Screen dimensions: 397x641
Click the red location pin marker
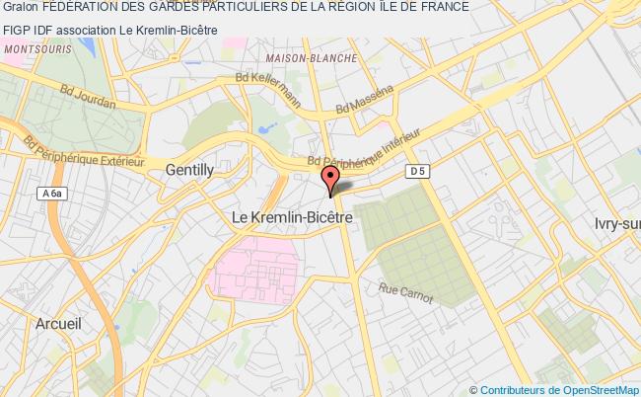pos(330,179)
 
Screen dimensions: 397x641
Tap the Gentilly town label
pos(189,170)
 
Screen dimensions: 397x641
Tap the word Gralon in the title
pos(19,7)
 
